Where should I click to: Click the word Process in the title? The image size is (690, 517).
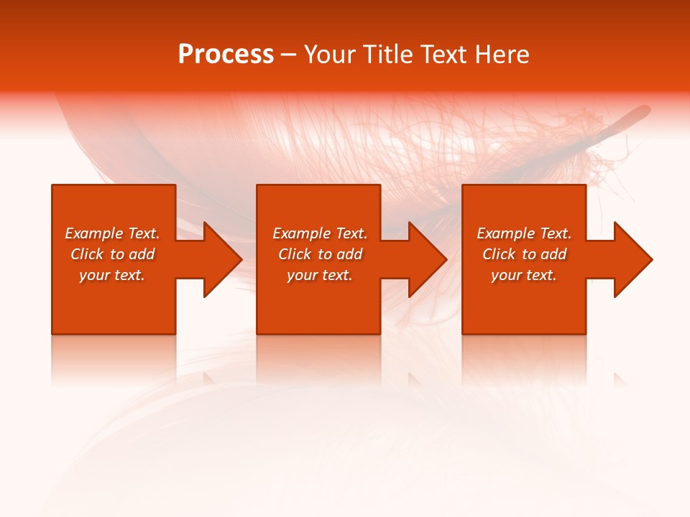pyautogui.click(x=226, y=55)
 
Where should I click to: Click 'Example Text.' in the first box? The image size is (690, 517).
pyautogui.click(x=112, y=233)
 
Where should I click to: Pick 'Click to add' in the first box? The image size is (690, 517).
pyautogui.click(x=112, y=254)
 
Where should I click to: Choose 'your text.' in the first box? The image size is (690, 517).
pyautogui.click(x=112, y=275)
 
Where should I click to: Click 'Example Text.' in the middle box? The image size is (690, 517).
pyautogui.click(x=320, y=233)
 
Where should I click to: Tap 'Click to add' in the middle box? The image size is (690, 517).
pyautogui.click(x=320, y=254)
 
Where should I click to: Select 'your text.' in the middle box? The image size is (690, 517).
pyautogui.click(x=320, y=275)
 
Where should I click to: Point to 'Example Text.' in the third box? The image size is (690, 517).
pyautogui.click(x=524, y=233)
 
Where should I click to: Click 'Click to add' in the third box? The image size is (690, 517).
pyautogui.click(x=524, y=254)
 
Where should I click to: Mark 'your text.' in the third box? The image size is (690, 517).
pyautogui.click(x=524, y=275)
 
